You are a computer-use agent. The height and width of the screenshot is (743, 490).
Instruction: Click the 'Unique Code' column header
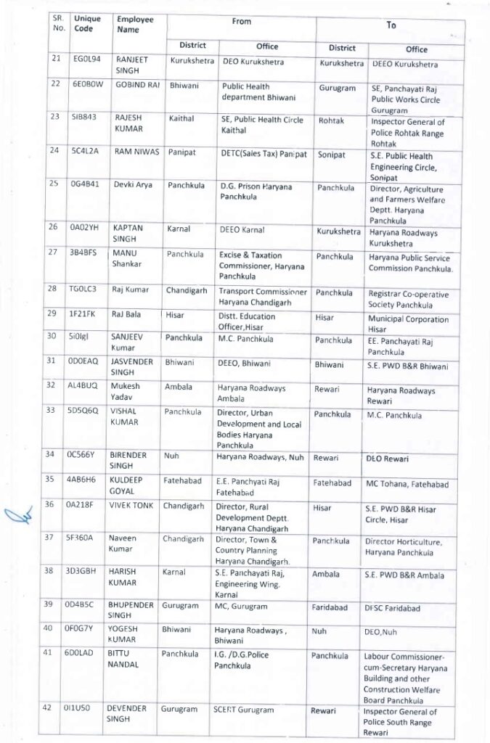pyautogui.click(x=87, y=23)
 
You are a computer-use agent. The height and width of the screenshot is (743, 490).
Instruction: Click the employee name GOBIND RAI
pyautogui.click(x=137, y=85)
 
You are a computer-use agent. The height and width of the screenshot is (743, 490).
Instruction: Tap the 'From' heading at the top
pyautogui.click(x=241, y=22)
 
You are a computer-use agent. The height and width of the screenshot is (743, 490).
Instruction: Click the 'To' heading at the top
pyautogui.click(x=391, y=25)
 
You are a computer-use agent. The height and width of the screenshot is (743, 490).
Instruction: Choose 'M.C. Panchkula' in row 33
pyautogui.click(x=395, y=415)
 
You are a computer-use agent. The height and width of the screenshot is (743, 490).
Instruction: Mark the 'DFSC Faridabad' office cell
pyautogui.click(x=393, y=608)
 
